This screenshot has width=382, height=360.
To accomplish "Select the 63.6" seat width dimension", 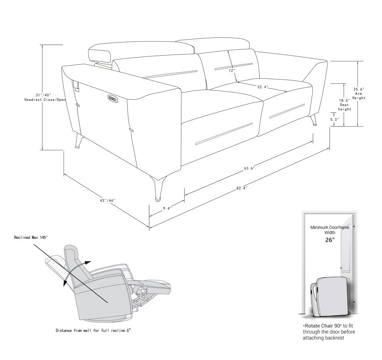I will click(249, 168).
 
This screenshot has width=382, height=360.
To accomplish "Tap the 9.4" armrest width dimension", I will click(167, 208).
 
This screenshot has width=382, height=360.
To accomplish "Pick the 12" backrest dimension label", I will click(232, 71).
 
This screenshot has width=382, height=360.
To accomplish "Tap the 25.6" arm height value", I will click(359, 89).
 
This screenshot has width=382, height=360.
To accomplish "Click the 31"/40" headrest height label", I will click(43, 95).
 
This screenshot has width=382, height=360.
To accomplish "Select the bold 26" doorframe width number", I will click(330, 239).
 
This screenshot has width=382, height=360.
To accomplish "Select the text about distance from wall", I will click(95, 331).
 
